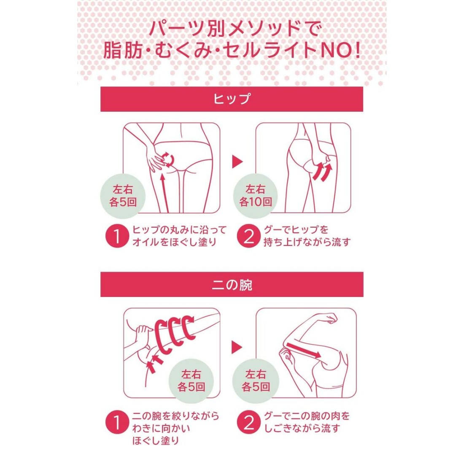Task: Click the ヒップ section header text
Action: point(232,99)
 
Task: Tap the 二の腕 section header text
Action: point(232,285)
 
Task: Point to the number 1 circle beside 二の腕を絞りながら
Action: point(117,422)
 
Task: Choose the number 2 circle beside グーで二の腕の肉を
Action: point(249,422)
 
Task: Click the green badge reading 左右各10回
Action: point(255,196)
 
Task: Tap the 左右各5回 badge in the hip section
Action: point(123,196)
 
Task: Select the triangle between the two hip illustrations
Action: point(237,162)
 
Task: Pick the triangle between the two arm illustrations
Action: point(237,347)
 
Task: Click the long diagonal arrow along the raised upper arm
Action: point(303,350)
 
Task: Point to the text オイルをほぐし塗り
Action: point(175,242)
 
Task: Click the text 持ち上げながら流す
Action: point(307,242)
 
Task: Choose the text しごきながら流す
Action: point(302,428)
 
